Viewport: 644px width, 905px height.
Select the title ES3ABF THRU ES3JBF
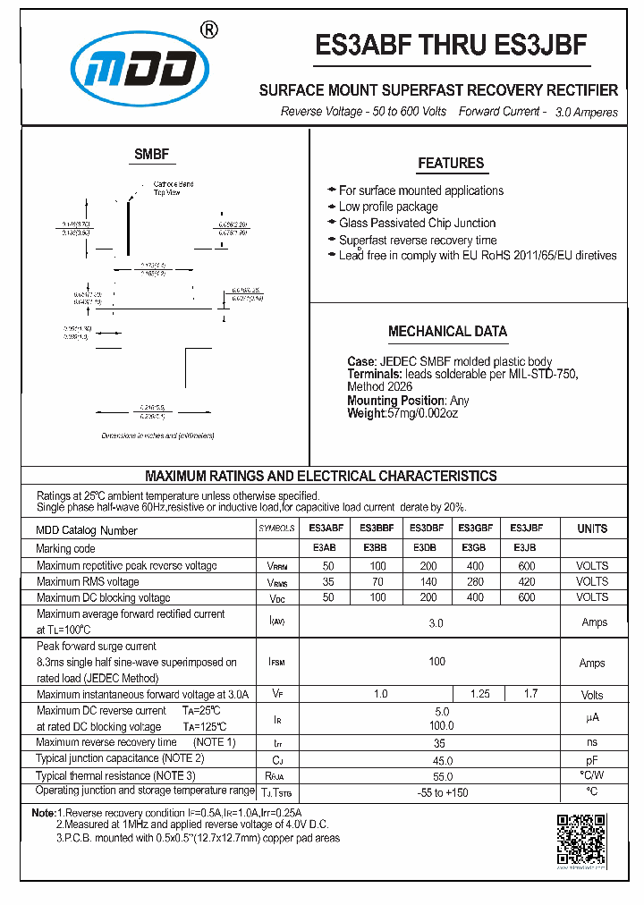(451, 47)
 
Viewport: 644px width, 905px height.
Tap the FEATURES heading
(451, 163)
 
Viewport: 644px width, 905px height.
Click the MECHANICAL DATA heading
(447, 331)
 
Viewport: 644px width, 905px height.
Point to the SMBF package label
(151, 154)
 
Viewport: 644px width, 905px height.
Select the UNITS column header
(592, 529)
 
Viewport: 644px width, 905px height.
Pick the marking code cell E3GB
(474, 548)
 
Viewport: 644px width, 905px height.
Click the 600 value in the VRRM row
(526, 565)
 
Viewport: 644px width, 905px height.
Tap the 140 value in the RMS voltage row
(428, 581)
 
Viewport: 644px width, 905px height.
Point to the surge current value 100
(436, 662)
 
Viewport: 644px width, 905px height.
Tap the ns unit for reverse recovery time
(591, 742)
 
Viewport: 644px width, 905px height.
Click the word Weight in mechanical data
(367, 413)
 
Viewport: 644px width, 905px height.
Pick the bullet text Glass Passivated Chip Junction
(417, 223)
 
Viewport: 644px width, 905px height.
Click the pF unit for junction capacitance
(591, 759)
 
